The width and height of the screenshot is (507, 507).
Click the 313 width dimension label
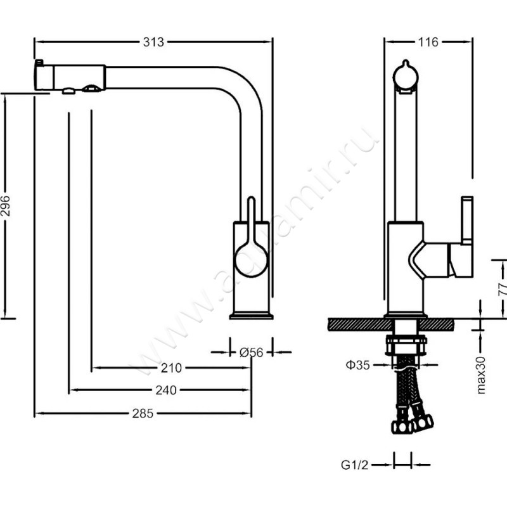153,42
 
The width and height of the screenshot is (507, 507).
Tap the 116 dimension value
428,42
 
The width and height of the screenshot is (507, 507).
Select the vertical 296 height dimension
6,205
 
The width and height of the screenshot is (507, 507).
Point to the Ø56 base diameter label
251,352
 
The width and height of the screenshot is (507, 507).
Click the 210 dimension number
171,368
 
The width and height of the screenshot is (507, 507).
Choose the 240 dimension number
166,390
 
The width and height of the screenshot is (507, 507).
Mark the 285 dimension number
143,413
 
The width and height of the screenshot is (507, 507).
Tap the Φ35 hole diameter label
357,365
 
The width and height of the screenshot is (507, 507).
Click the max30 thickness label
481,375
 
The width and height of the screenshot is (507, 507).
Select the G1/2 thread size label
354,465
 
